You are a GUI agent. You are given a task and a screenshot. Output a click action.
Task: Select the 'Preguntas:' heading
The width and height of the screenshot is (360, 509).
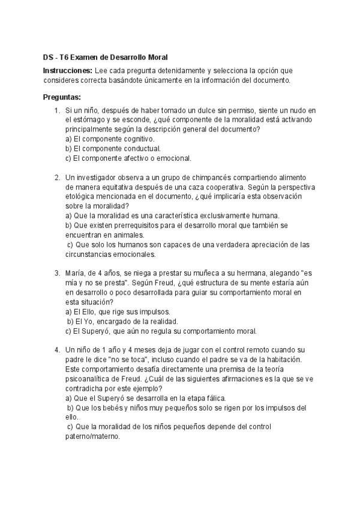click(x=62, y=97)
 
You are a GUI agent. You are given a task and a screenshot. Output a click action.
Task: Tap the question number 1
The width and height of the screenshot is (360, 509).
click(x=56, y=110)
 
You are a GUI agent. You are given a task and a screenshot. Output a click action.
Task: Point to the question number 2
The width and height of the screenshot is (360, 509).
click(x=56, y=178)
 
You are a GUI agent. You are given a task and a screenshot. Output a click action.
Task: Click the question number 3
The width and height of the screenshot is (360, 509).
click(x=56, y=273)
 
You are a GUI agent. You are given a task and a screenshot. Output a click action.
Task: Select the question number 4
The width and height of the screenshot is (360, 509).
click(x=56, y=350)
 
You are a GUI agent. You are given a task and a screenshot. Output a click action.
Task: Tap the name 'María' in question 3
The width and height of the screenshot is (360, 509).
click(x=76, y=273)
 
